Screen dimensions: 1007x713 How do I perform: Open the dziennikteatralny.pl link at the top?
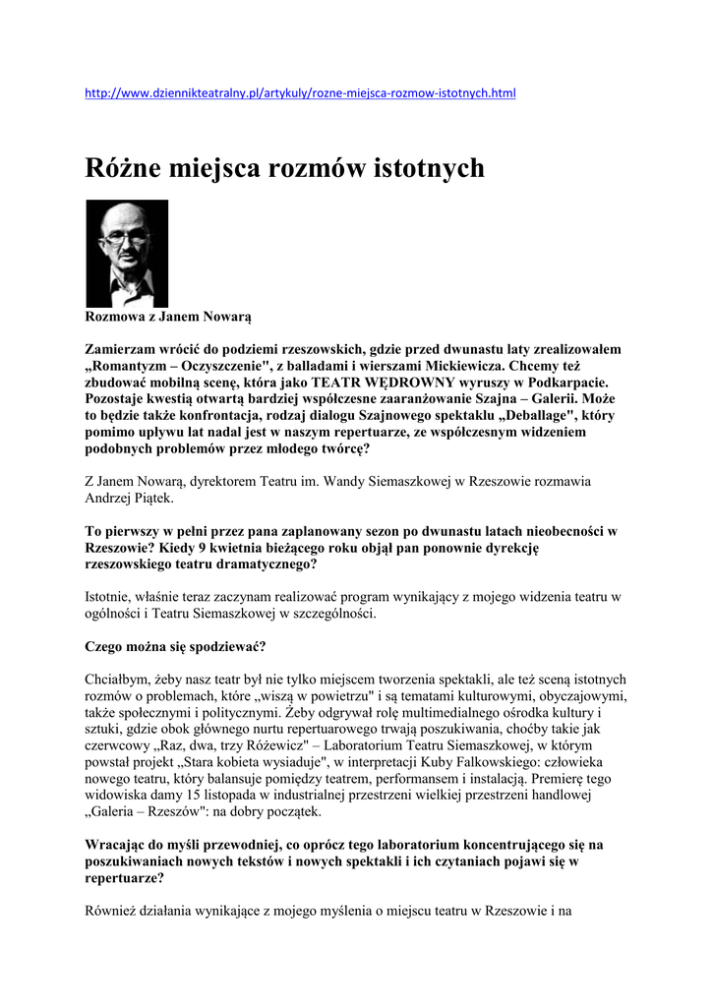point(300,93)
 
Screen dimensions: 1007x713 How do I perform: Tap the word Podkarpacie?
point(571,383)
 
